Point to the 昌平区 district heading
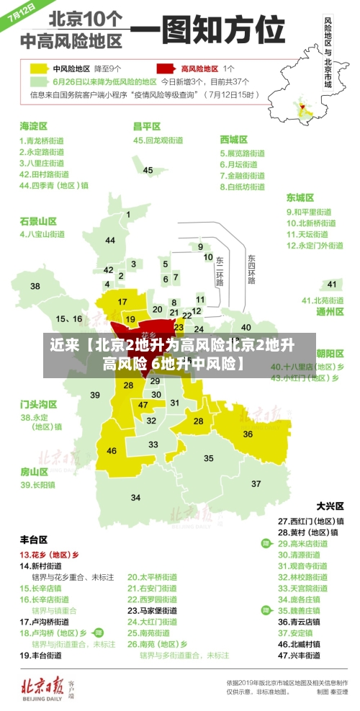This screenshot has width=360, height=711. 146,126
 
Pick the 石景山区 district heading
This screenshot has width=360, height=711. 38,220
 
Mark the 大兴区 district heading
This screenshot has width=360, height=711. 330,506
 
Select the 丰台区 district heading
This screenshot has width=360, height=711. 34,539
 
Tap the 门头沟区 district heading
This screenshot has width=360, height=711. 38,403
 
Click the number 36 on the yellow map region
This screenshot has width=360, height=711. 248,434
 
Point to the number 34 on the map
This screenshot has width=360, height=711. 135,497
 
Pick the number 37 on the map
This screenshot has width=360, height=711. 256,483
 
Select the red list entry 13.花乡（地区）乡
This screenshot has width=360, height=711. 50,555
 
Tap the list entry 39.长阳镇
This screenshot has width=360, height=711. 37,485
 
